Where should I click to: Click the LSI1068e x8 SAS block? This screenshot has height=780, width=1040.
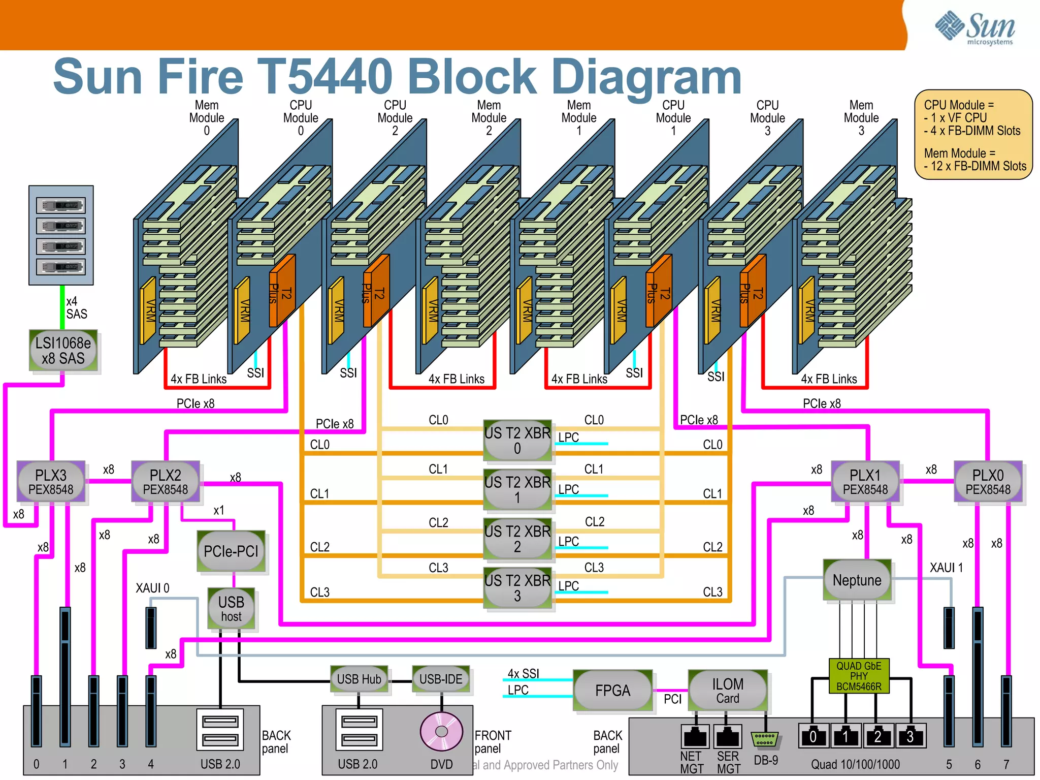[63, 350]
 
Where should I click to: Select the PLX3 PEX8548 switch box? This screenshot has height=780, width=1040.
[51, 481]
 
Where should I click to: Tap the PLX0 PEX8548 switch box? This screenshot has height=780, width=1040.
[988, 481]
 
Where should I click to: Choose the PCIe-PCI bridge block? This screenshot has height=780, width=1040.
[231, 551]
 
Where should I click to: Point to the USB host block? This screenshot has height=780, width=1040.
[231, 608]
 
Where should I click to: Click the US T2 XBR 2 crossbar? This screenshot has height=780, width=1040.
[517, 539]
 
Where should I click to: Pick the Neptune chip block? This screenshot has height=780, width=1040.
[857, 580]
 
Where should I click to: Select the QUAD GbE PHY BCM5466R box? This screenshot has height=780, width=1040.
[859, 676]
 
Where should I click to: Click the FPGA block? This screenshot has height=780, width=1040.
[612, 690]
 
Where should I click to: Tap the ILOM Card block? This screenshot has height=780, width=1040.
[727, 690]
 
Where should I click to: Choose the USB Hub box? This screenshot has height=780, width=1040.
[359, 679]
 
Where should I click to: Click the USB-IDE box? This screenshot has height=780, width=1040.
[441, 679]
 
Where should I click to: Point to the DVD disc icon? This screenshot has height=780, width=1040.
[441, 731]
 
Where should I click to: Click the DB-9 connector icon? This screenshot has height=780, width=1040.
[765, 739]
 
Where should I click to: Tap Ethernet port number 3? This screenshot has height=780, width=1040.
[910, 736]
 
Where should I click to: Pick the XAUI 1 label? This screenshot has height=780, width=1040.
[946, 568]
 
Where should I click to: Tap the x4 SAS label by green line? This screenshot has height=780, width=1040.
[76, 307]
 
